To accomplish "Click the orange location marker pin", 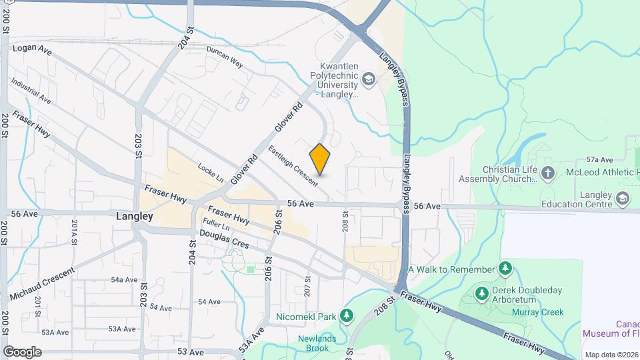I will point(320,159).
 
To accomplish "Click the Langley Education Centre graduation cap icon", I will point(623,198).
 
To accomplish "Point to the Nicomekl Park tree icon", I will point(346,316).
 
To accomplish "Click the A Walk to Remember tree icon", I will point(506,269).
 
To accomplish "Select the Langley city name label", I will point(134,217).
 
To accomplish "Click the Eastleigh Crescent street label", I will point(293,165).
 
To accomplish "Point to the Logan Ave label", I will point(32,49).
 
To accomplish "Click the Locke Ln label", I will point(210,172).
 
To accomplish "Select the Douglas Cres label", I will point(224,239).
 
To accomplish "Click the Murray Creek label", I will point(537,312).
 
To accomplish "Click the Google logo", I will point(22,351).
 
